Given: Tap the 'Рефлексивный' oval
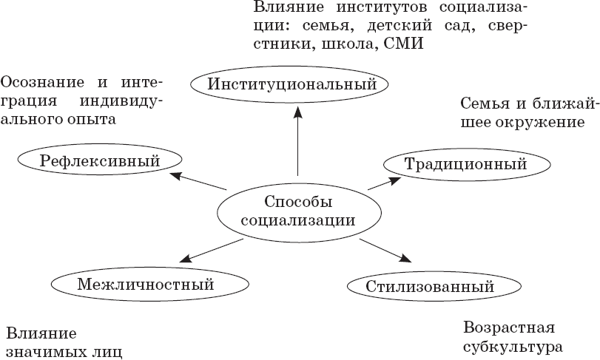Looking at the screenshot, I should point(100,159).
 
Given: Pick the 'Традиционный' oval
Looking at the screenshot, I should point(465,164).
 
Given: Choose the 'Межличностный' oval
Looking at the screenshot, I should point(135,283).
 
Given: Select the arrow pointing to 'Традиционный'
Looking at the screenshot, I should point(385,184).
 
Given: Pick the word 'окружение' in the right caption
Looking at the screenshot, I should point(529,121).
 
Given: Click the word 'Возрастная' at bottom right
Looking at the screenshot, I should point(508,327).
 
